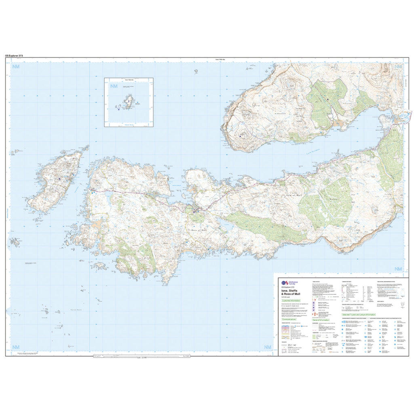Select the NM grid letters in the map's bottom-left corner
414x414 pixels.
16,347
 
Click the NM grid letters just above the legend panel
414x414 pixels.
398,269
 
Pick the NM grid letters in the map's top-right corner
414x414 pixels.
398,67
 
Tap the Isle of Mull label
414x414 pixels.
294,195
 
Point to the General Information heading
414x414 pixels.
321,320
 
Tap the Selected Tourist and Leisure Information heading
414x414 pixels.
359,314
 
